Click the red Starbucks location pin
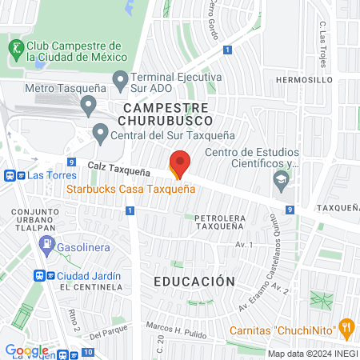(179, 162)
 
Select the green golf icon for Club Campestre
(15, 50)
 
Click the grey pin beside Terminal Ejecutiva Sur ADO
(121, 79)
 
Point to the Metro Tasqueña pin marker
(89, 105)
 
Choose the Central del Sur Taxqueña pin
(100, 132)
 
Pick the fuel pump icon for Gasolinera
(48, 247)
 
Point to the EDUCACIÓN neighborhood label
(194, 282)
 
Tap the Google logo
(26, 350)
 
